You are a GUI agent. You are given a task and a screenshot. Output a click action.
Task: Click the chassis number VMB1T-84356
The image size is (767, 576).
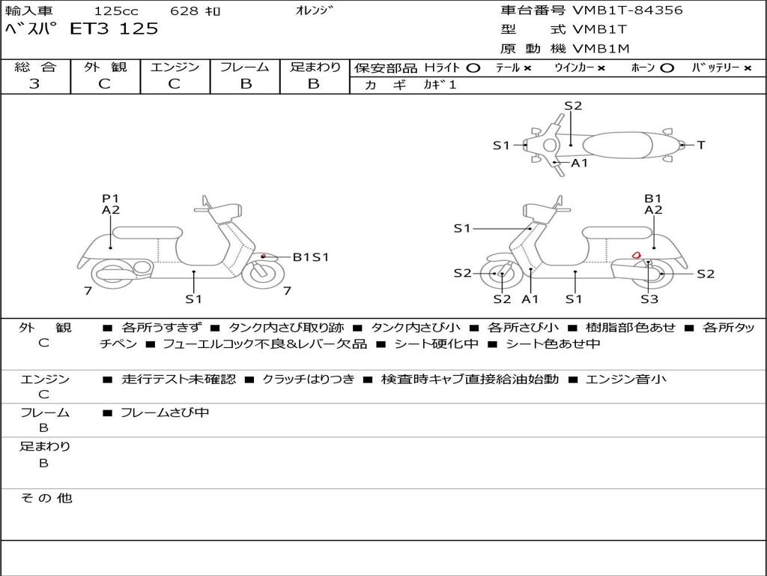[x=627, y=10]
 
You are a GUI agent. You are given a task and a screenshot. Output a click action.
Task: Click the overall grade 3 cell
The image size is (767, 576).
[x=35, y=84]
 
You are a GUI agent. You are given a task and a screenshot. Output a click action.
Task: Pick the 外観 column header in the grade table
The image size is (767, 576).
[x=105, y=67]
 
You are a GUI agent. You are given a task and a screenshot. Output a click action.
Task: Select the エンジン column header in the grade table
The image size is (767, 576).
[x=175, y=67]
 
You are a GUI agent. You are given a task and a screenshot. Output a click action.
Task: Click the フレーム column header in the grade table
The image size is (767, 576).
[x=244, y=67]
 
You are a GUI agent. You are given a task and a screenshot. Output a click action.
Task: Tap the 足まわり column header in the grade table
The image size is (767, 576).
[x=315, y=67]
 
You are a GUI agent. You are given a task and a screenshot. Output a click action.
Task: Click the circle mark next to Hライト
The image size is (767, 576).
[x=473, y=67]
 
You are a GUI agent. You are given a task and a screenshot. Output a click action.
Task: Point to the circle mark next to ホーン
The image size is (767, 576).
[x=667, y=67]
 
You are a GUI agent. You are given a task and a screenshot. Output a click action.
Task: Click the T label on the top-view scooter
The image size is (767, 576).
[x=701, y=145]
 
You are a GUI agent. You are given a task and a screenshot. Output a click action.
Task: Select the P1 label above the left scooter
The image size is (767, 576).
[x=111, y=199]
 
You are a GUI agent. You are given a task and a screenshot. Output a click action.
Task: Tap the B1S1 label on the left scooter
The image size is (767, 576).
[x=310, y=257]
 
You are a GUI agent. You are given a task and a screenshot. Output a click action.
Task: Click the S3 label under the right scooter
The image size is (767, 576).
[x=649, y=299]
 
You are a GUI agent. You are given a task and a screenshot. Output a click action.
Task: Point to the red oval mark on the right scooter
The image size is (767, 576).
[x=636, y=255]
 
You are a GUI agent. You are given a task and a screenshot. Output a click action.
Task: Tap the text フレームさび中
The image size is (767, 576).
[x=165, y=412]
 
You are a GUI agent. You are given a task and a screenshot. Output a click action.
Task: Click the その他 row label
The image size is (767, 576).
[x=46, y=498]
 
